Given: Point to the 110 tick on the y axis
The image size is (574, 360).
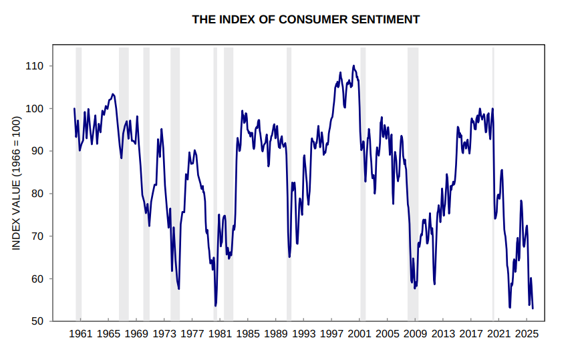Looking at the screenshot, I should click(35, 66).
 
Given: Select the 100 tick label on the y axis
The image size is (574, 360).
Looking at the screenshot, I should click(35, 109).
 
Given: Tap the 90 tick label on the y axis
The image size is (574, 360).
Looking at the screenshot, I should click(38, 152).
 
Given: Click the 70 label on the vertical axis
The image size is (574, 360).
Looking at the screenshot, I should click(38, 236).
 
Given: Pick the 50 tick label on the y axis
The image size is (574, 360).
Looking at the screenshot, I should click(38, 321).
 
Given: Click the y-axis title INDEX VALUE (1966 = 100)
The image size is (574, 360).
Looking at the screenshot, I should click(17, 184).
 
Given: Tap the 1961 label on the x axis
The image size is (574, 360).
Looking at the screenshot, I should click(80, 333).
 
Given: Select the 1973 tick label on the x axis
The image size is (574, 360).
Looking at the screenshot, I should click(164, 333).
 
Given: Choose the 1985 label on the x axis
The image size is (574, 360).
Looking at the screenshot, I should click(248, 333).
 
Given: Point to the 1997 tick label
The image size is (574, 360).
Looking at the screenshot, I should click(331, 333).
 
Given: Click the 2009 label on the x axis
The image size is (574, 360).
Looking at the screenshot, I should click(415, 333).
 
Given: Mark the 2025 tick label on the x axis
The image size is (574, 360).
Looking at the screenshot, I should click(527, 333).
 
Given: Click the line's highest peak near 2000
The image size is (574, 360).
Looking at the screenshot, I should click(353, 66).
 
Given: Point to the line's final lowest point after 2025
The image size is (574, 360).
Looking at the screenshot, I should click(533, 308).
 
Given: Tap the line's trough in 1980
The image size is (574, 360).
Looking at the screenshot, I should click(216, 305).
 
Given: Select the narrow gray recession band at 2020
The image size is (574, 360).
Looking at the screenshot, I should click(493, 187).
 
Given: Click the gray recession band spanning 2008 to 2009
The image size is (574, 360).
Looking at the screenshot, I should click(413, 187).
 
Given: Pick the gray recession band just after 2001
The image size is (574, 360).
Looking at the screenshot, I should click(363, 187).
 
